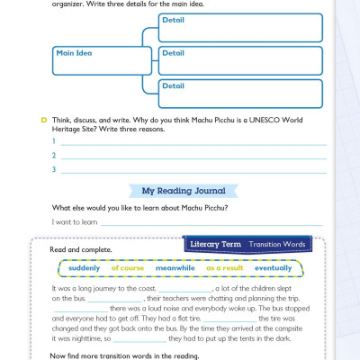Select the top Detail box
pyautogui.click(x=240, y=27)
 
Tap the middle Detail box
pyautogui.click(x=240, y=60)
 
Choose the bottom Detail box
pyautogui.click(x=240, y=94)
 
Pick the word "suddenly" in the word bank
pyautogui.click(x=85, y=268)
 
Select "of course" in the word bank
pyautogui.click(x=127, y=268)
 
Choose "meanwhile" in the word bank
pyautogui.click(x=175, y=268)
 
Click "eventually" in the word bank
pyautogui.click(x=274, y=268)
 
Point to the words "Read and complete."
pyautogui.click(x=81, y=248)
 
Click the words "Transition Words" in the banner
pyautogui.click(x=276, y=244)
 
